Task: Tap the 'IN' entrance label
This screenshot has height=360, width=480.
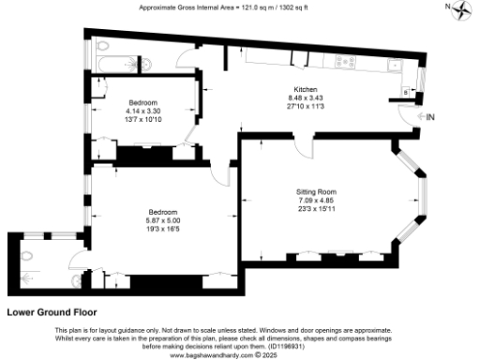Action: click(430, 117)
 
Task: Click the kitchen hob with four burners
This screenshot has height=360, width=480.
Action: click(344, 63)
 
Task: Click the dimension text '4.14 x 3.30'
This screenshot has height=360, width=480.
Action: click(143, 110)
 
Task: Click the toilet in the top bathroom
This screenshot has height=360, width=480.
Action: click(101, 47)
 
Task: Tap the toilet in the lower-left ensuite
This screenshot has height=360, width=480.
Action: click(77, 280)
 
